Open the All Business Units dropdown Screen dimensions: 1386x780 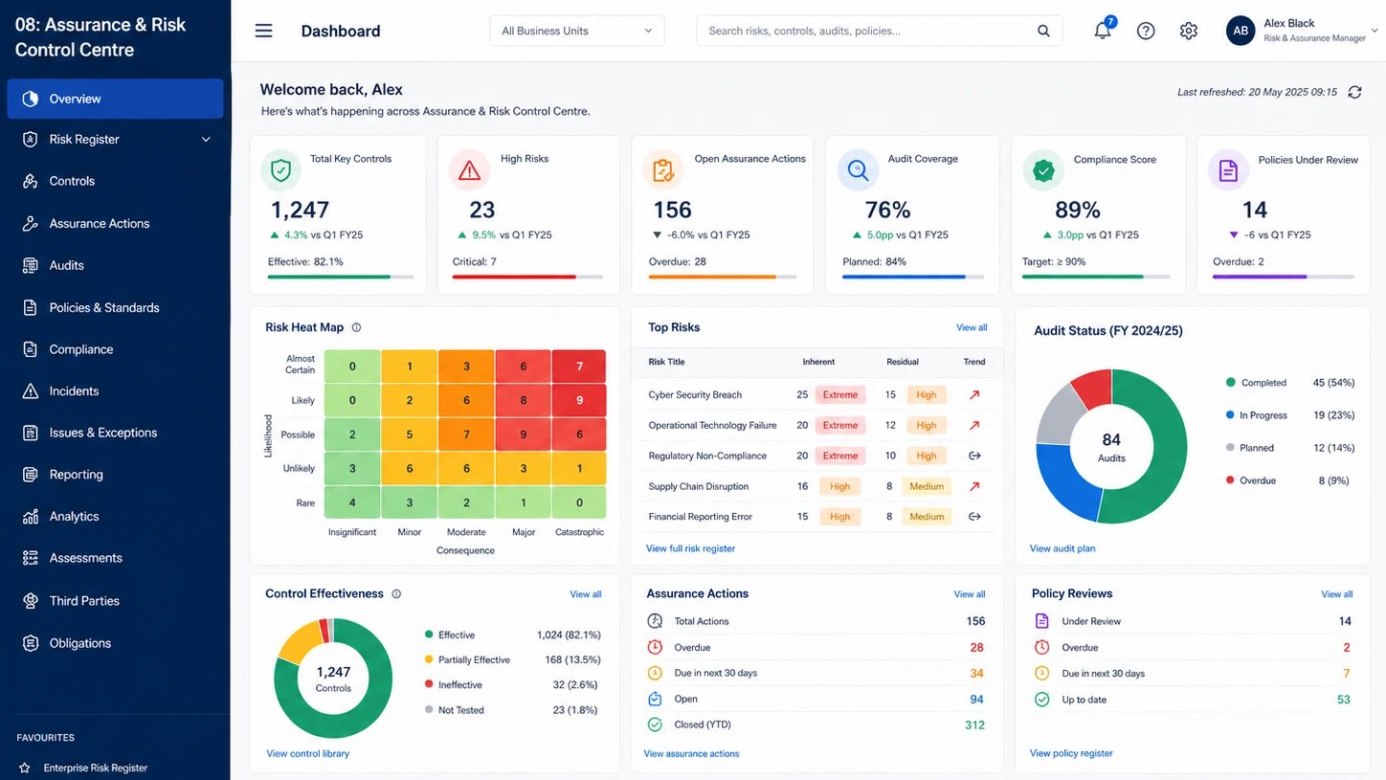pos(576,31)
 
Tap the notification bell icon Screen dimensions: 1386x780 pos(1103,30)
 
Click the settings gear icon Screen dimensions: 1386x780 pos(1188,31)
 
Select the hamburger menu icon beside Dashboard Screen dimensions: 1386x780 pos(263,31)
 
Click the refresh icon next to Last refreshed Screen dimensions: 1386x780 pos(1355,92)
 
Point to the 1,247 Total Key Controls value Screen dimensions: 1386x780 pos(301,210)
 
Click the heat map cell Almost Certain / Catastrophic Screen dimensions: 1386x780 pos(579,367)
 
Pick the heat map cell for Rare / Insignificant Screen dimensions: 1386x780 pos(352,502)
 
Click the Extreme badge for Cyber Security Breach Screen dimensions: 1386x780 pos(839,394)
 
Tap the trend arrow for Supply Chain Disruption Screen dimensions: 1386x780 pos(974,486)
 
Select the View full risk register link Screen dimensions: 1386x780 pos(690,548)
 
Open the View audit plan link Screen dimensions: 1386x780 pos(1062,548)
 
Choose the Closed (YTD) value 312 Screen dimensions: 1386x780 pos(974,724)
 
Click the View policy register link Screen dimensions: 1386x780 pos(1071,753)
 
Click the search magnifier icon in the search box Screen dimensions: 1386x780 pos(1043,31)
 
